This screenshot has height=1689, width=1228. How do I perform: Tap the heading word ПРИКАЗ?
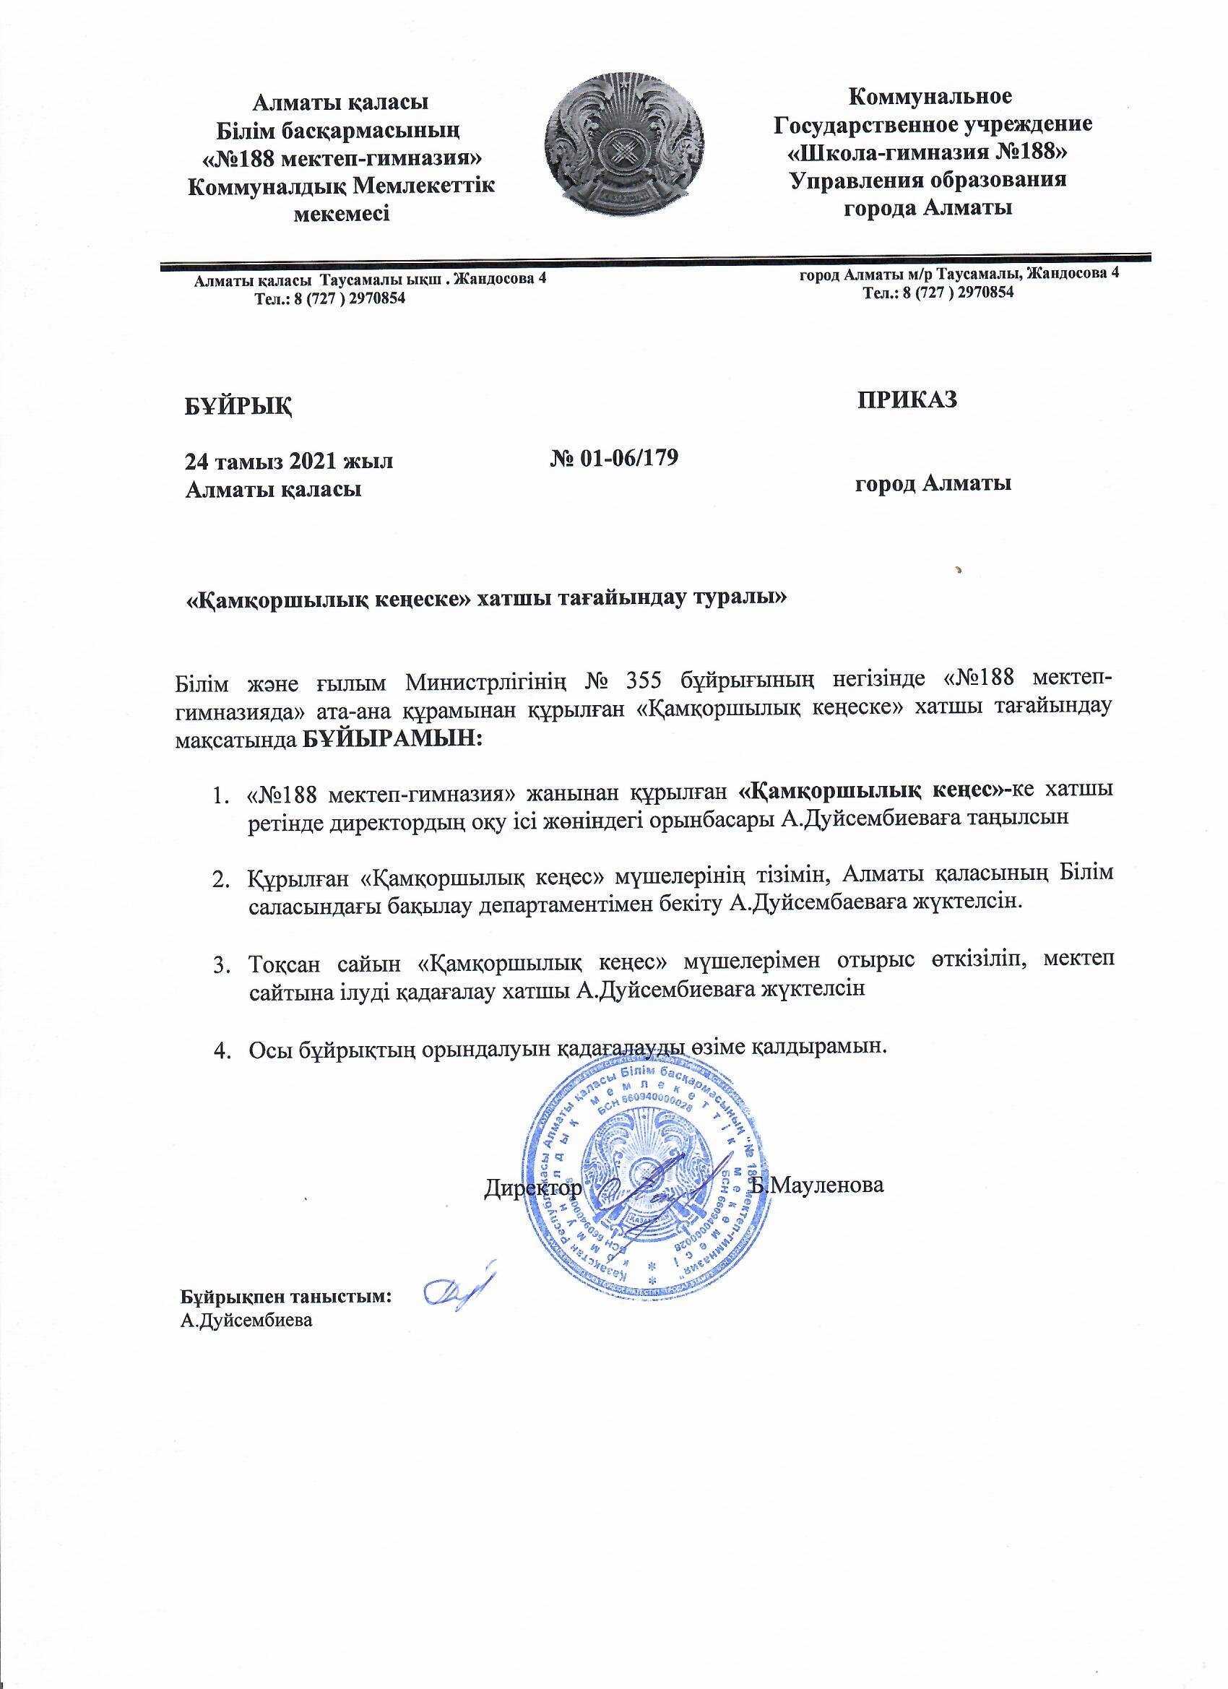[x=907, y=399]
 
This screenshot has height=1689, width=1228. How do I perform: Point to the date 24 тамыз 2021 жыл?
[x=289, y=461]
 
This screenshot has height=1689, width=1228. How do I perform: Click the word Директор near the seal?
[x=532, y=1187]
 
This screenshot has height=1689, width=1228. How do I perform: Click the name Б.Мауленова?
[x=818, y=1184]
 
